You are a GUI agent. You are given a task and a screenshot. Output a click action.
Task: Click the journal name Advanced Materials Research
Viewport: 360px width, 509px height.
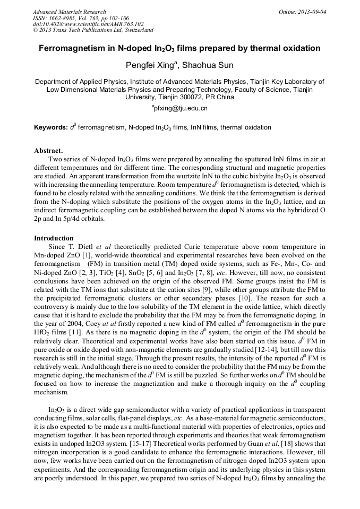(x=69, y=12)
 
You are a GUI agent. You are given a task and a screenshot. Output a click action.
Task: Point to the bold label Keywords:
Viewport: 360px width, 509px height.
(x=51, y=128)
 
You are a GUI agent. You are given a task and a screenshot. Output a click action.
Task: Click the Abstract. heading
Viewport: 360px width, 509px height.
(x=48, y=150)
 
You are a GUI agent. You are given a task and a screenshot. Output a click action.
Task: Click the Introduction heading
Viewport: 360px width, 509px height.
(x=54, y=238)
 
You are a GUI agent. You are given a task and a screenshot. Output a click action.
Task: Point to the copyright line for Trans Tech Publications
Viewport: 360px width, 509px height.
(x=93, y=30)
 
